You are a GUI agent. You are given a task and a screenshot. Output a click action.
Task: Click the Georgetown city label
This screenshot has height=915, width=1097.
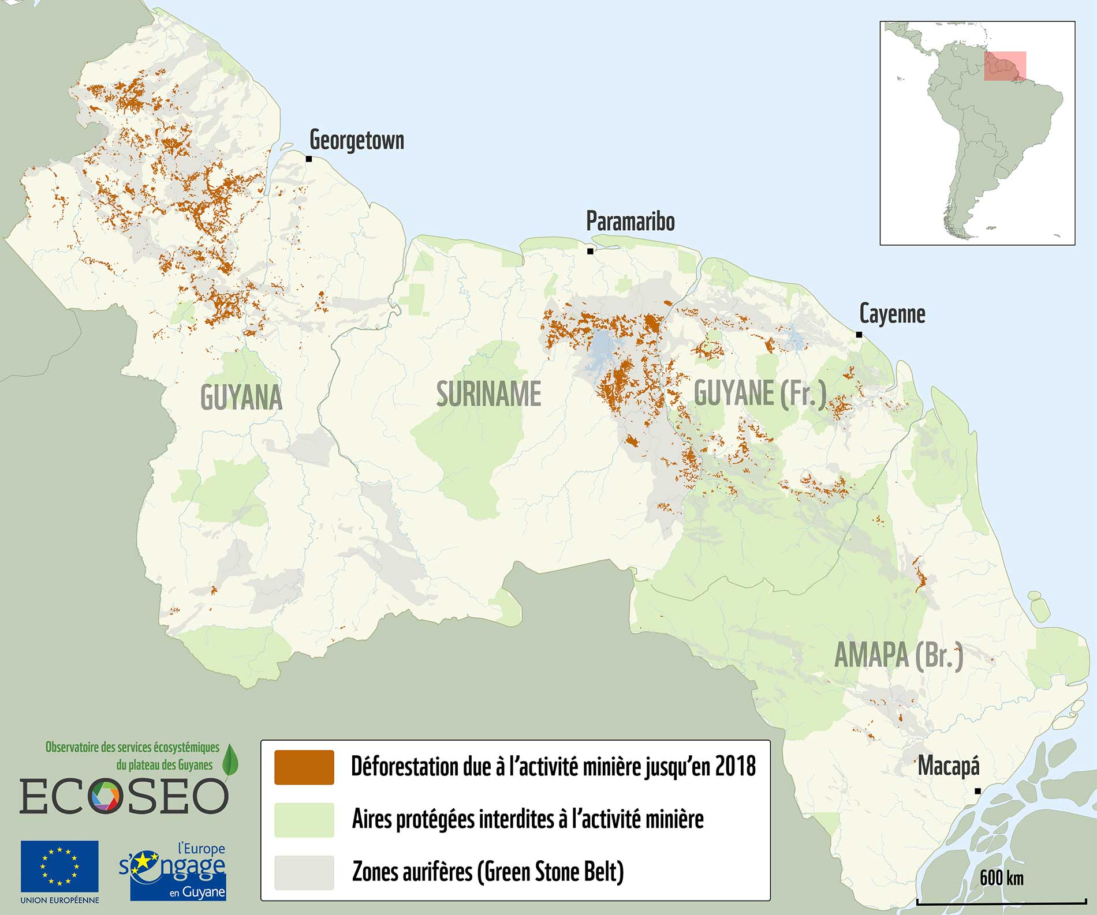tap(356, 140)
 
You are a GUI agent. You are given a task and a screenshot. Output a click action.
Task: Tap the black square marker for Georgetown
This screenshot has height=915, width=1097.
tap(309, 159)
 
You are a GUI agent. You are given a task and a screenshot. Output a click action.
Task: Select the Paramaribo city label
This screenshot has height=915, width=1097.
tap(630, 222)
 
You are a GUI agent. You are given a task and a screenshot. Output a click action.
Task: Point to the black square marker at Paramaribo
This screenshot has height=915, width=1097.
tap(590, 251)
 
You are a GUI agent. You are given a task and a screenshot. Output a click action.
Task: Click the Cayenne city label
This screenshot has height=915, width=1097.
tap(892, 314)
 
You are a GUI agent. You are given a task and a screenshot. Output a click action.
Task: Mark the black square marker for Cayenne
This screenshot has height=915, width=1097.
tap(859, 335)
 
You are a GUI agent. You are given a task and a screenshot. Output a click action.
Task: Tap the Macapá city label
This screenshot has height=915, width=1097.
tap(949, 766)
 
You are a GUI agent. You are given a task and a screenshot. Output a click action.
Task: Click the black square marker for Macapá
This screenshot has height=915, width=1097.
tap(977, 791)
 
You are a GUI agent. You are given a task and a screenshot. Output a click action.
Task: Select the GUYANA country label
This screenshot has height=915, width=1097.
tap(241, 397)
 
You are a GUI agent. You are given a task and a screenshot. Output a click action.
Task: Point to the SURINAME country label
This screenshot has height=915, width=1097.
tap(488, 394)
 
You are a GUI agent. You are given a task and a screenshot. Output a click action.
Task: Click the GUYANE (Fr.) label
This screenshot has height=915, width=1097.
tap(760, 393)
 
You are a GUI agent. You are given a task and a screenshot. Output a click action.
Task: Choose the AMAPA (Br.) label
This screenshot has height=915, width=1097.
tap(899, 655)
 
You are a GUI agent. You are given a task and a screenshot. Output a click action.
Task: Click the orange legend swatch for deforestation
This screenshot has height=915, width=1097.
tap(304, 767)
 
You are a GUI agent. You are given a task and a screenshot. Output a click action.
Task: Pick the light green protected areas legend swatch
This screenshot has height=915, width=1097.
tap(304, 820)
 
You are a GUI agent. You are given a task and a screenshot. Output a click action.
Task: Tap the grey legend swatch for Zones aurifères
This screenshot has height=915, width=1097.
tap(304, 872)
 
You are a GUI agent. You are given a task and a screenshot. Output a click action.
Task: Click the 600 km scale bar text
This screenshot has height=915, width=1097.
tap(1002, 878)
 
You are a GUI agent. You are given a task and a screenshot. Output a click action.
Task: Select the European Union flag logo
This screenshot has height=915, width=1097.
tap(59, 867)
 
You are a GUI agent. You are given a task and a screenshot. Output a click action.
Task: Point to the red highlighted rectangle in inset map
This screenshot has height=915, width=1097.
tap(1005, 66)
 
